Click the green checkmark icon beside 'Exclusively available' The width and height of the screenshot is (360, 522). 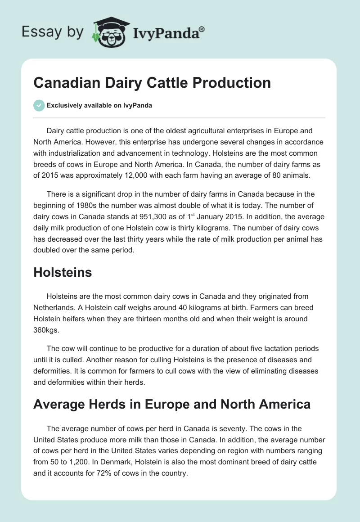pyautogui.click(x=39, y=105)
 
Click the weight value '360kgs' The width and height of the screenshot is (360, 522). pyautogui.click(x=45, y=330)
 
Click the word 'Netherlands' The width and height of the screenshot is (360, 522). pyautogui.click(x=54, y=307)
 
